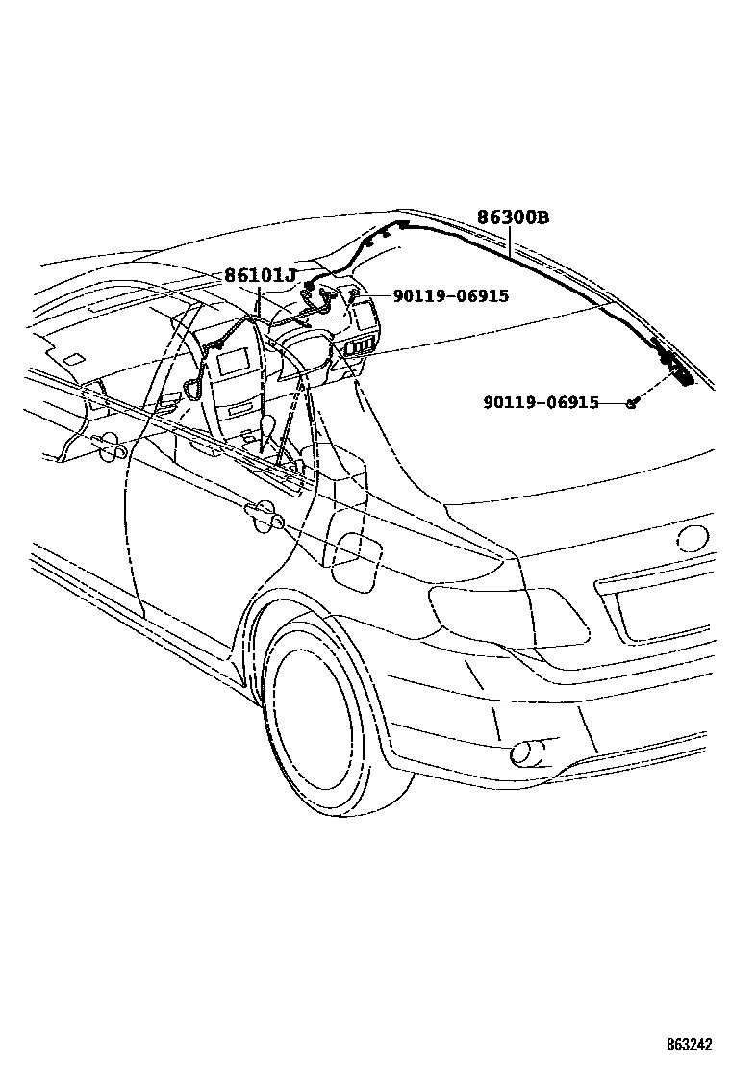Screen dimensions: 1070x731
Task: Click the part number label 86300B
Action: [513, 217]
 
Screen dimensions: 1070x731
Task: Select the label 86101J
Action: [260, 276]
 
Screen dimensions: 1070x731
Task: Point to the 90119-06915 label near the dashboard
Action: [451, 296]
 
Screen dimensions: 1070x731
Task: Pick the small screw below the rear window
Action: [632, 403]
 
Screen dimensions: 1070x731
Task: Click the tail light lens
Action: [510, 617]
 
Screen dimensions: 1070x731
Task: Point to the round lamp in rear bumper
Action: [526, 752]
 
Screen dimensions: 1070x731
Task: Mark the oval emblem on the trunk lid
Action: [694, 536]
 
